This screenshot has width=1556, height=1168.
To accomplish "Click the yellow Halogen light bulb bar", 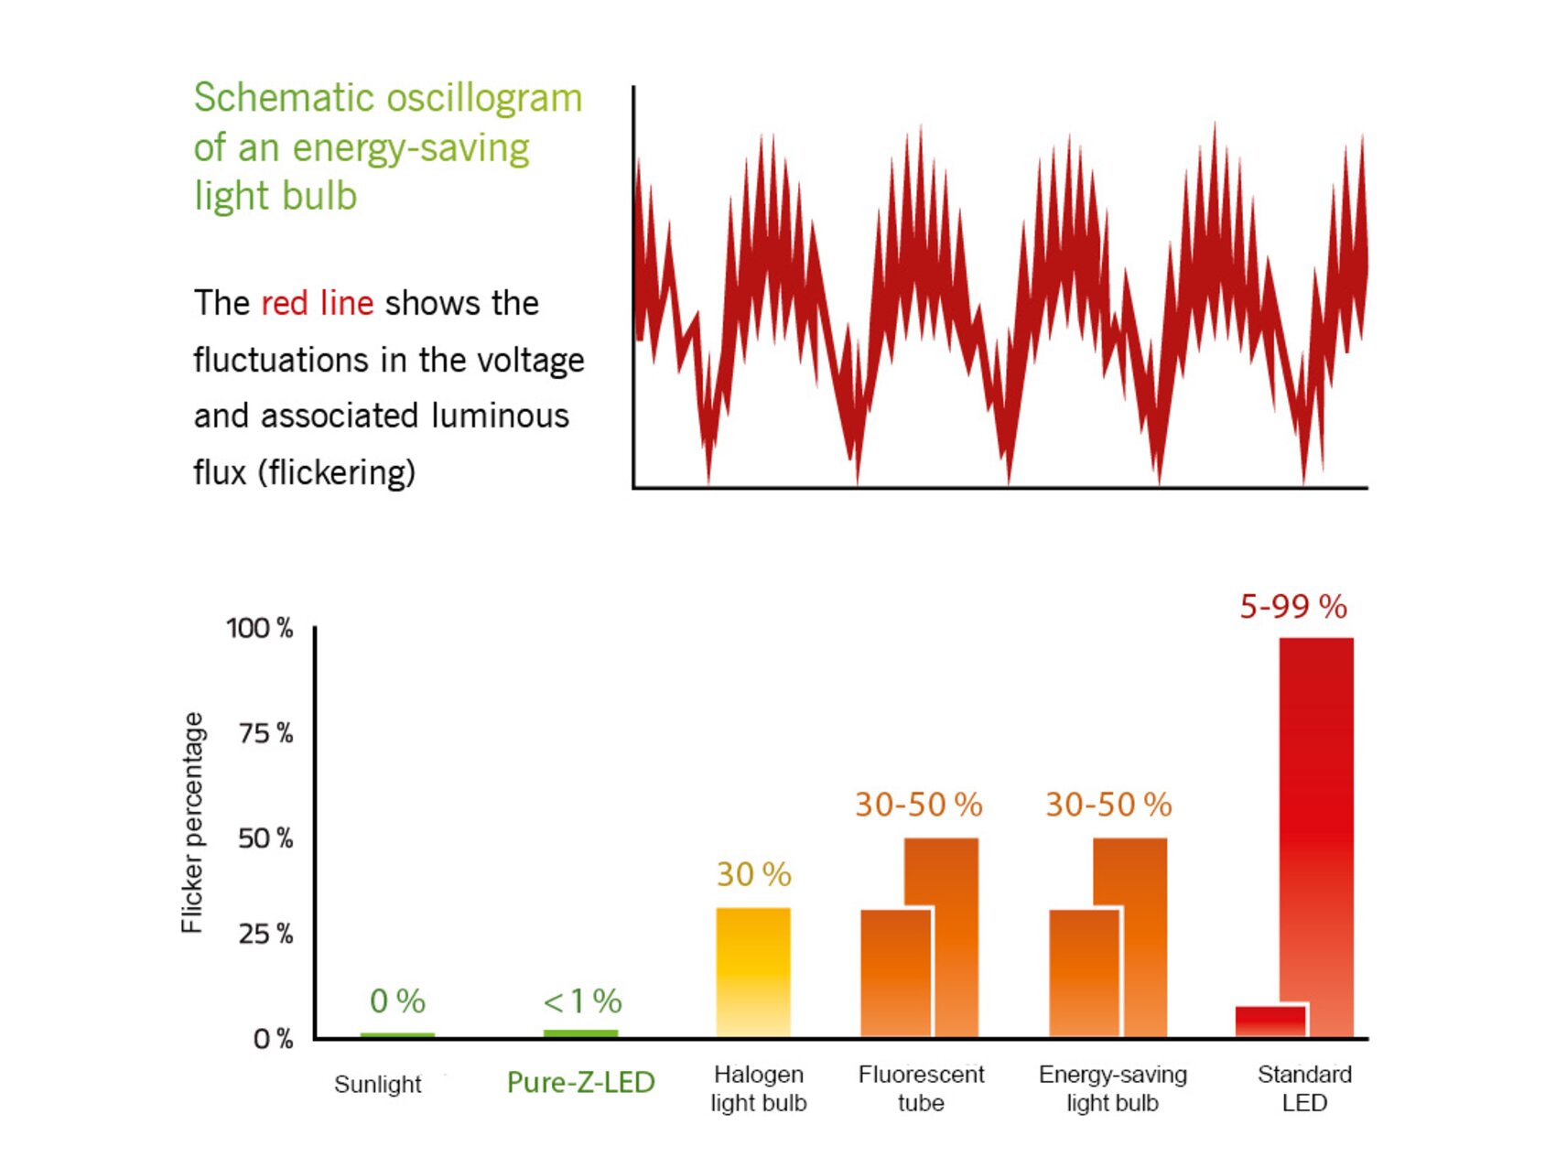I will pyautogui.click(x=752, y=972).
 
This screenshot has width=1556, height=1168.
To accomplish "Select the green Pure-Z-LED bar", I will pyautogui.click(x=580, y=1033).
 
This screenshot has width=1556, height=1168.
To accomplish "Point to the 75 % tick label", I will pyautogui.click(x=265, y=733).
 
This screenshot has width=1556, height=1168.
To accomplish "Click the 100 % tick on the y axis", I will pyautogui.click(x=260, y=628).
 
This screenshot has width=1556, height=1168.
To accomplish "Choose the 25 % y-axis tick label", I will pyautogui.click(x=265, y=934).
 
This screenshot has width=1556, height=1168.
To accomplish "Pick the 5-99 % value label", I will pyautogui.click(x=1292, y=606).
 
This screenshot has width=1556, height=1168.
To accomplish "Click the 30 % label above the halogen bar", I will pyautogui.click(x=753, y=874).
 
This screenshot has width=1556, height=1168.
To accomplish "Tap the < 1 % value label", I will pyautogui.click(x=582, y=1001).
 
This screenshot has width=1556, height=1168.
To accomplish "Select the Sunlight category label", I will pyautogui.click(x=377, y=1085).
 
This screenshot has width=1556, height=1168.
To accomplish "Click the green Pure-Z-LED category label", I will pyautogui.click(x=580, y=1082).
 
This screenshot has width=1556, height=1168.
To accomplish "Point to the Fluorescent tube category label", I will pyautogui.click(x=921, y=1088).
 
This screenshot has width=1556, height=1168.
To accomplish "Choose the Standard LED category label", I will pyautogui.click(x=1304, y=1088).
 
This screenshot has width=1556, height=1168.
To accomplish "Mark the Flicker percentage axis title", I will pyautogui.click(x=192, y=822).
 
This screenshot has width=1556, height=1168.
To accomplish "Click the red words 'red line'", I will pyautogui.click(x=317, y=303).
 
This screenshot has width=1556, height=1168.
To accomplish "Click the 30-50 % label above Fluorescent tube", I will pyautogui.click(x=918, y=805).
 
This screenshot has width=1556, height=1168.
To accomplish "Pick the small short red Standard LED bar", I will pyautogui.click(x=1270, y=1021).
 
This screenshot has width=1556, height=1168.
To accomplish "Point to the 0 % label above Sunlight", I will pyautogui.click(x=397, y=1001).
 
